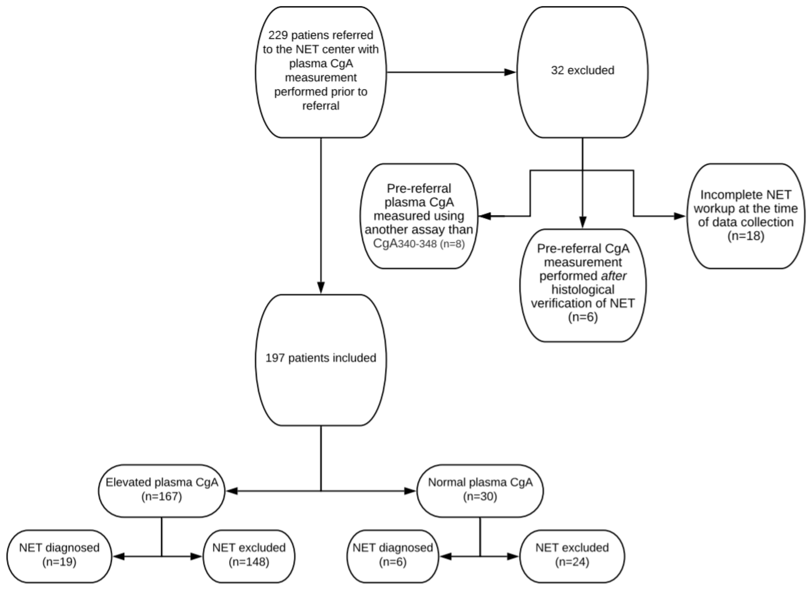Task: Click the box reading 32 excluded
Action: pos(582,71)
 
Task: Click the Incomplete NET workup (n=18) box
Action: pos(746,216)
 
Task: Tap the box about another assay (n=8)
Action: pos(419,216)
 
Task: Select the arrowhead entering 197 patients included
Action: pos(321,288)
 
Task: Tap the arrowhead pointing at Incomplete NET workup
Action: pos(679,216)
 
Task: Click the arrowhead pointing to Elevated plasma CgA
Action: pos(232,491)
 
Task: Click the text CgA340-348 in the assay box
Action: pos(405,244)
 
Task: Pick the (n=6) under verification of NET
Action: pos(583,317)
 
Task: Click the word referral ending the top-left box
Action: pos(321,106)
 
